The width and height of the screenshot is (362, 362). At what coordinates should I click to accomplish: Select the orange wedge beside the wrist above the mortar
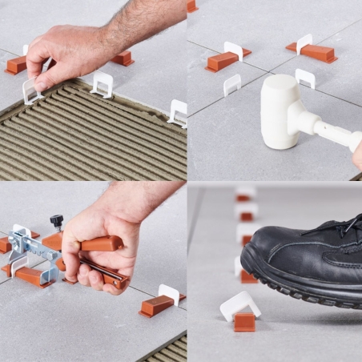pyautogui.click(x=123, y=58)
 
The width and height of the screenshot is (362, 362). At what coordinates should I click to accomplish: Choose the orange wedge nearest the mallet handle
pyautogui.click(x=318, y=52)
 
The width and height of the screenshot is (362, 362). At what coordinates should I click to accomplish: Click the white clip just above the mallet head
pyautogui.click(x=304, y=77)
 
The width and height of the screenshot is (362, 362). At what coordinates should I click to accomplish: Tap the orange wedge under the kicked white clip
pyautogui.click(x=244, y=322)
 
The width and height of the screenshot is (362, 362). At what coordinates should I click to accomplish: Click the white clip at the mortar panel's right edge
pyautogui.click(x=179, y=112)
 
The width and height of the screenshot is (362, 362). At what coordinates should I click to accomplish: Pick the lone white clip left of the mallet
pyautogui.click(x=231, y=83)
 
